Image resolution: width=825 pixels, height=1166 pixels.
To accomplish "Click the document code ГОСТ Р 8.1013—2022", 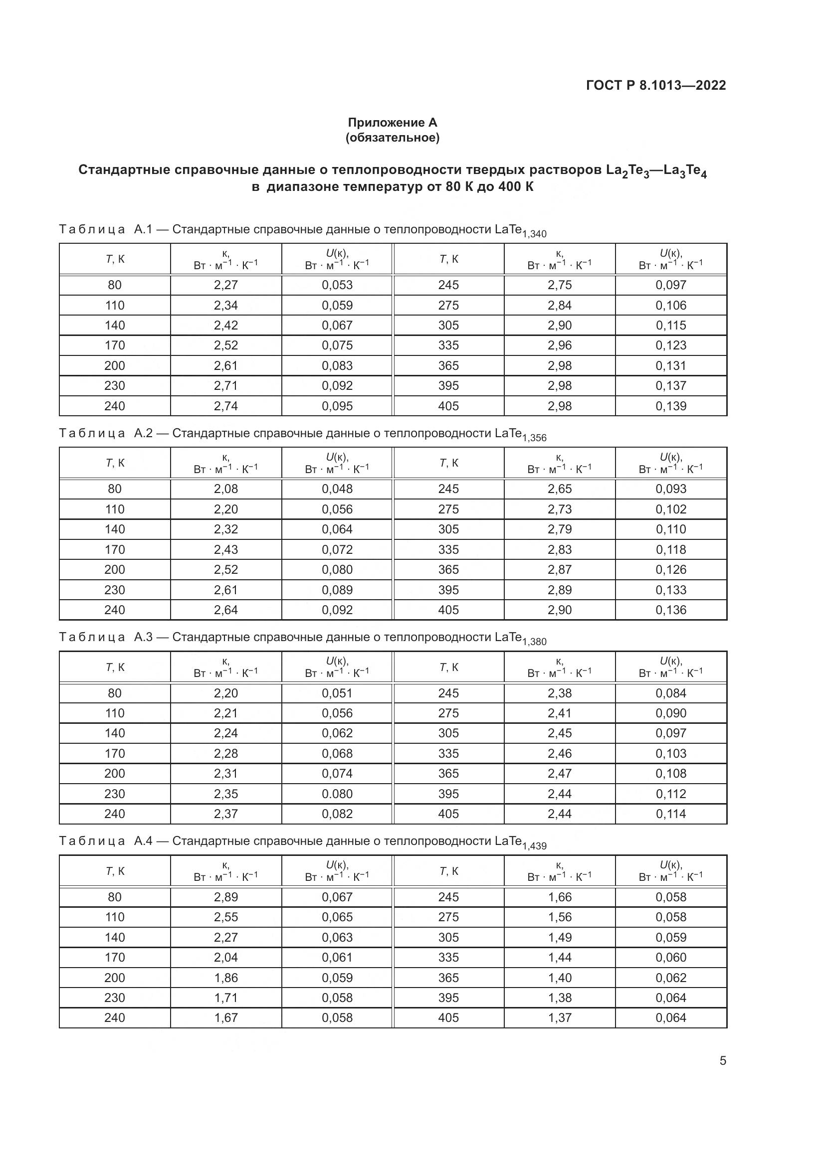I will [x=656, y=85].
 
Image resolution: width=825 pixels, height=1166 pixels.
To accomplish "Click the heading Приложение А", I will [x=392, y=123].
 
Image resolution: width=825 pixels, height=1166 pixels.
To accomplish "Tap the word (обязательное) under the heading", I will [x=392, y=138].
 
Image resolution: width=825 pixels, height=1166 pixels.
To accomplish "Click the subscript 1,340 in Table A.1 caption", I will [x=534, y=235].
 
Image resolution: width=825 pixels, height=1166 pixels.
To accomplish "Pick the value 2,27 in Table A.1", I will [x=225, y=285].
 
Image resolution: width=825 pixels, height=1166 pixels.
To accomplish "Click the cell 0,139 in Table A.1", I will [x=670, y=406].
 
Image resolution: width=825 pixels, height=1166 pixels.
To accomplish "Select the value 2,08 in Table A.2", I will [x=225, y=489].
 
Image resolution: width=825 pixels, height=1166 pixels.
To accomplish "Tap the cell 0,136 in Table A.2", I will [x=670, y=609].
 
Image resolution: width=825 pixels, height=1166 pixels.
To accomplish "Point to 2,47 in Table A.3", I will [x=559, y=773].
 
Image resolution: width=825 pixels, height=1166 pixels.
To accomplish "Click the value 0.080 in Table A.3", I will [x=337, y=793].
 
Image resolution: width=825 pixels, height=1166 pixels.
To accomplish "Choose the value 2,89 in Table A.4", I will [x=225, y=897].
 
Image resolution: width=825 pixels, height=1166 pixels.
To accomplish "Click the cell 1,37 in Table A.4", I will [x=559, y=1018].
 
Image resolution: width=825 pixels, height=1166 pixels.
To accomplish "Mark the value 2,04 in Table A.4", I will [x=225, y=957].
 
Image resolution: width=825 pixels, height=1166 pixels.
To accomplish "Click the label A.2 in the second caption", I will [x=143, y=433].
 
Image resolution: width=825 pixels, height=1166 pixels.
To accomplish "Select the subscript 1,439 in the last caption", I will [x=534, y=846].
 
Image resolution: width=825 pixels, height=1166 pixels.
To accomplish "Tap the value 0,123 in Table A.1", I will [x=670, y=345].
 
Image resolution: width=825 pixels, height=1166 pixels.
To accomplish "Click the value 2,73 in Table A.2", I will [x=559, y=509].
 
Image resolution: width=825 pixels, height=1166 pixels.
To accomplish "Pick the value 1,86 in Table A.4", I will [x=225, y=978].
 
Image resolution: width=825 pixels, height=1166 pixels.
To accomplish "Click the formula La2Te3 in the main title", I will [x=627, y=170].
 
